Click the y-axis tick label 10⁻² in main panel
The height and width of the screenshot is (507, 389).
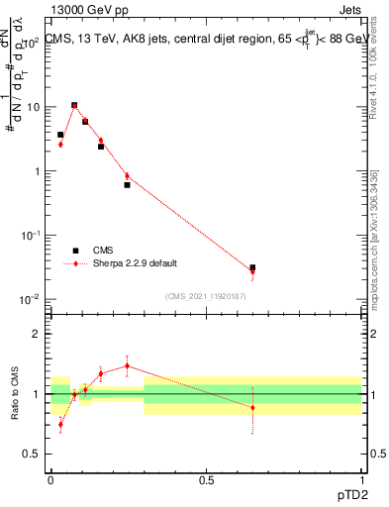pyautogui.click(x=30, y=299)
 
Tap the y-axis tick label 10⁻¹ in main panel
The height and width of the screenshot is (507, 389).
pyautogui.click(x=30, y=235)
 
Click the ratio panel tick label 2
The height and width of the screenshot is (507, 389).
pyautogui.click(x=37, y=334)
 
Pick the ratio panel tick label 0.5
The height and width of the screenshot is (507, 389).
pyautogui.click(x=32, y=455)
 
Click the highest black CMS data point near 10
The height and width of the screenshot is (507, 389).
pyautogui.click(x=74, y=105)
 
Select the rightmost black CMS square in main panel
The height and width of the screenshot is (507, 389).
pyautogui.click(x=252, y=267)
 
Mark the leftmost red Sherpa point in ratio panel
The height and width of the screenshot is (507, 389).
pyautogui.click(x=60, y=424)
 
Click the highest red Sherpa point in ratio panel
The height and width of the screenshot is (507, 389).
pyautogui.click(x=127, y=365)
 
